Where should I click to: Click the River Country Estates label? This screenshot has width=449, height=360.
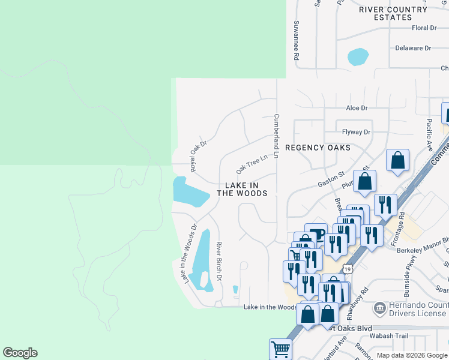point(393,13)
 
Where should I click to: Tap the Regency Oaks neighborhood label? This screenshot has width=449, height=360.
point(318,148)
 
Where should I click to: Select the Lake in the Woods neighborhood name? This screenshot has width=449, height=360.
point(242,190)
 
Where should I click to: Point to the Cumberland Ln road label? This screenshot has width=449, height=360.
point(277,136)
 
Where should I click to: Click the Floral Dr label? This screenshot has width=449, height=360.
point(424,28)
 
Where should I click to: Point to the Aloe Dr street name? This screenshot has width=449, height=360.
point(357,108)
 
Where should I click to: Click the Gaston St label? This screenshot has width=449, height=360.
point(331,181)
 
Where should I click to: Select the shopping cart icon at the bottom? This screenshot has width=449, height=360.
point(280,349)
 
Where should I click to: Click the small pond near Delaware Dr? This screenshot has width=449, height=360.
point(358,57)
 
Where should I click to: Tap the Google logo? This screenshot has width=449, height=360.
point(20,353)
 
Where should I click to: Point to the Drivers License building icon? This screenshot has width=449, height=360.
point(379,308)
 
